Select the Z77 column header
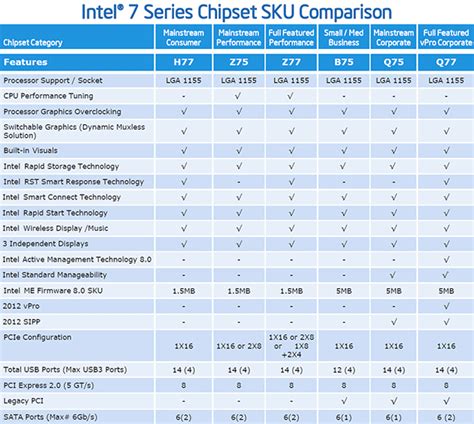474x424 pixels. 291,62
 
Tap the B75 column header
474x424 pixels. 343,62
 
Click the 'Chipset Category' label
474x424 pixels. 34,43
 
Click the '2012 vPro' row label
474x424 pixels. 25,304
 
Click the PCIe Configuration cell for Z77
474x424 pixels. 291,345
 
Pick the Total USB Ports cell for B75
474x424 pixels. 343,369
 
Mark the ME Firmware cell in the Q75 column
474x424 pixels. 395,289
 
